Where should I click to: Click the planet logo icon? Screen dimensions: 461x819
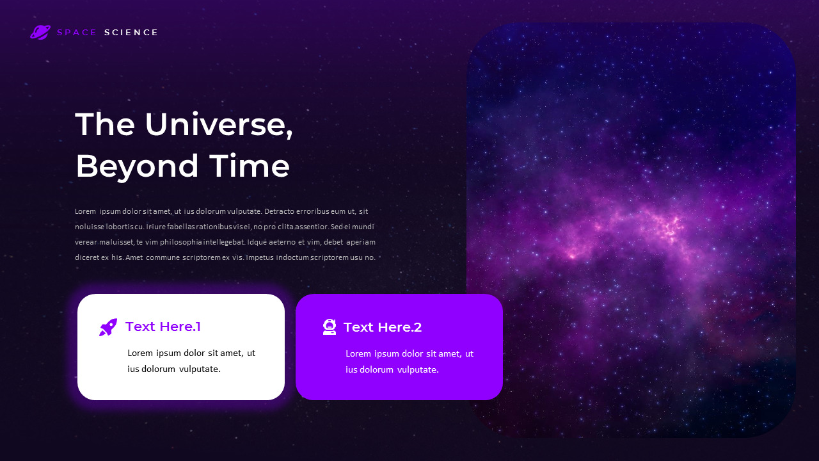pyautogui.click(x=40, y=32)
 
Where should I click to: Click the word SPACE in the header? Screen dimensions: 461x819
pyautogui.click(x=77, y=33)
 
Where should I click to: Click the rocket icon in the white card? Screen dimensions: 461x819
pyautogui.click(x=108, y=327)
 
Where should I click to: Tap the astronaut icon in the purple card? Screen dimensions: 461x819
pyautogui.click(x=330, y=327)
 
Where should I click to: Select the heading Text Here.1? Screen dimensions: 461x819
pyautogui.click(x=163, y=327)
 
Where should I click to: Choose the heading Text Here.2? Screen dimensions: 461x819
pyautogui.click(x=383, y=327)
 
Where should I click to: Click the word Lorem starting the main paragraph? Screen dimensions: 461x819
pyautogui.click(x=85, y=211)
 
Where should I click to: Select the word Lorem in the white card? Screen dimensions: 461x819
pyautogui.click(x=141, y=353)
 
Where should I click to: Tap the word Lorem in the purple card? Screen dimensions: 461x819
pyautogui.click(x=359, y=353)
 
